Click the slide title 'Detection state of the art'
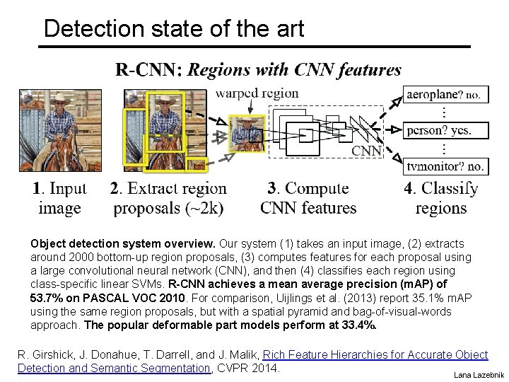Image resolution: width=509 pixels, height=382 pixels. pyautogui.click(x=173, y=29)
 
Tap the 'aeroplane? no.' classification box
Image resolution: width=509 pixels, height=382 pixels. pyautogui.click(x=445, y=95)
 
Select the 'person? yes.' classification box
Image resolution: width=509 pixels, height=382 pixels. pyautogui.click(x=445, y=130)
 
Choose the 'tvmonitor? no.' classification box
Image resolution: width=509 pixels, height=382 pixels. pyautogui.click(x=445, y=167)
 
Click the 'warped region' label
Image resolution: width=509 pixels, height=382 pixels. pyautogui.click(x=257, y=93)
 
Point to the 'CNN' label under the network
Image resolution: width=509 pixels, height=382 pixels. pyautogui.click(x=366, y=151)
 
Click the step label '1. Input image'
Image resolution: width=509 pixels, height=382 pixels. pyautogui.click(x=59, y=198)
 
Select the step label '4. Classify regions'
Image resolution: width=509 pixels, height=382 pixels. pyautogui.click(x=441, y=198)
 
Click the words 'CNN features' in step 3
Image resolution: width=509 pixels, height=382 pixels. pyautogui.click(x=308, y=208)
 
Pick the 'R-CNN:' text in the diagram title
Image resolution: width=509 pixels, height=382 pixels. pyautogui.click(x=148, y=69)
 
